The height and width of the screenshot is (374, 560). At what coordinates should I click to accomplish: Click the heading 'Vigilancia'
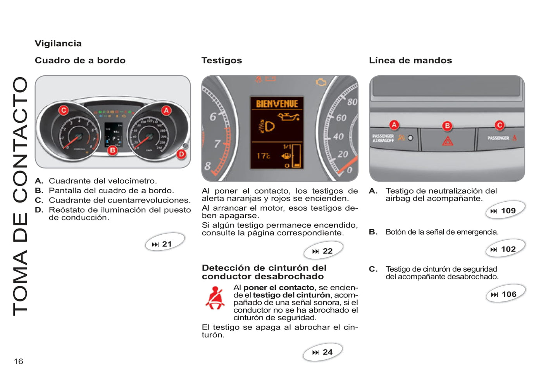[x=58, y=43]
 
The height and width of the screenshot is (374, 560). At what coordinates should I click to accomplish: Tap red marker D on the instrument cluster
[x=181, y=154]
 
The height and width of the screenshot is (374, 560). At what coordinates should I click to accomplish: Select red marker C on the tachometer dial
[x=64, y=110]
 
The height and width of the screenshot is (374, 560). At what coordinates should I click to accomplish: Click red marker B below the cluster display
[x=112, y=150]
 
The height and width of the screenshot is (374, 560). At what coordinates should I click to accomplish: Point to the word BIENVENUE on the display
[x=277, y=104]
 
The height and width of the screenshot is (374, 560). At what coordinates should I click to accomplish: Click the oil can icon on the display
[x=289, y=116]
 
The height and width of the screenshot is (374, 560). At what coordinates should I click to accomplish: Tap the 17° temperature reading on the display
[x=264, y=156]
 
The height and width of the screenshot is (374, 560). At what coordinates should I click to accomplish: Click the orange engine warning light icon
[x=321, y=82]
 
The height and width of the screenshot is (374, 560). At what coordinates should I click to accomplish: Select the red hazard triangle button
[x=448, y=141]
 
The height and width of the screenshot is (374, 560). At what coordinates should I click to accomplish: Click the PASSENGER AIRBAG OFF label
[x=383, y=138]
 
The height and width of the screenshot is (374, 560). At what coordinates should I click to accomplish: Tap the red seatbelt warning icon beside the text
[x=215, y=298]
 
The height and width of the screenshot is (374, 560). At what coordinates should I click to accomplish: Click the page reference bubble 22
[x=323, y=251]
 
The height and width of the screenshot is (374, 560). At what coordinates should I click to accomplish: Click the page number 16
[x=19, y=361]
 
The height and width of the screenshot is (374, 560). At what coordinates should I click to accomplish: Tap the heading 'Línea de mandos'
[x=410, y=61]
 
